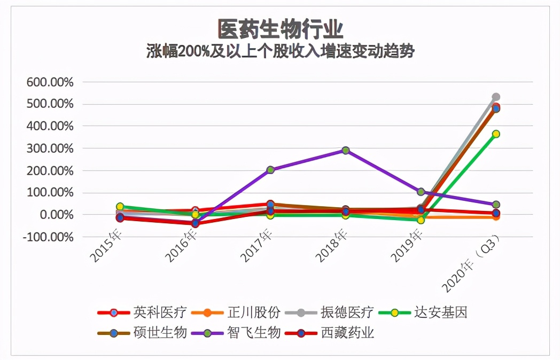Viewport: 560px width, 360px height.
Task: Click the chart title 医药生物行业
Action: [x=280, y=28]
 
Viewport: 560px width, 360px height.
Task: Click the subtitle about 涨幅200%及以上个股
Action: [x=280, y=51]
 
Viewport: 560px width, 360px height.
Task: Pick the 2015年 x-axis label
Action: [x=106, y=247]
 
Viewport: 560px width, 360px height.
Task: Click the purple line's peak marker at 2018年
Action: [x=345, y=151]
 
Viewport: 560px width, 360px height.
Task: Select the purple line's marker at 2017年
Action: [x=270, y=170]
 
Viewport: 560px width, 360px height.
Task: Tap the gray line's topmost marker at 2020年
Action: [x=496, y=97]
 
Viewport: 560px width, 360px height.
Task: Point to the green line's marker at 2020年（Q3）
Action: [x=496, y=134]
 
